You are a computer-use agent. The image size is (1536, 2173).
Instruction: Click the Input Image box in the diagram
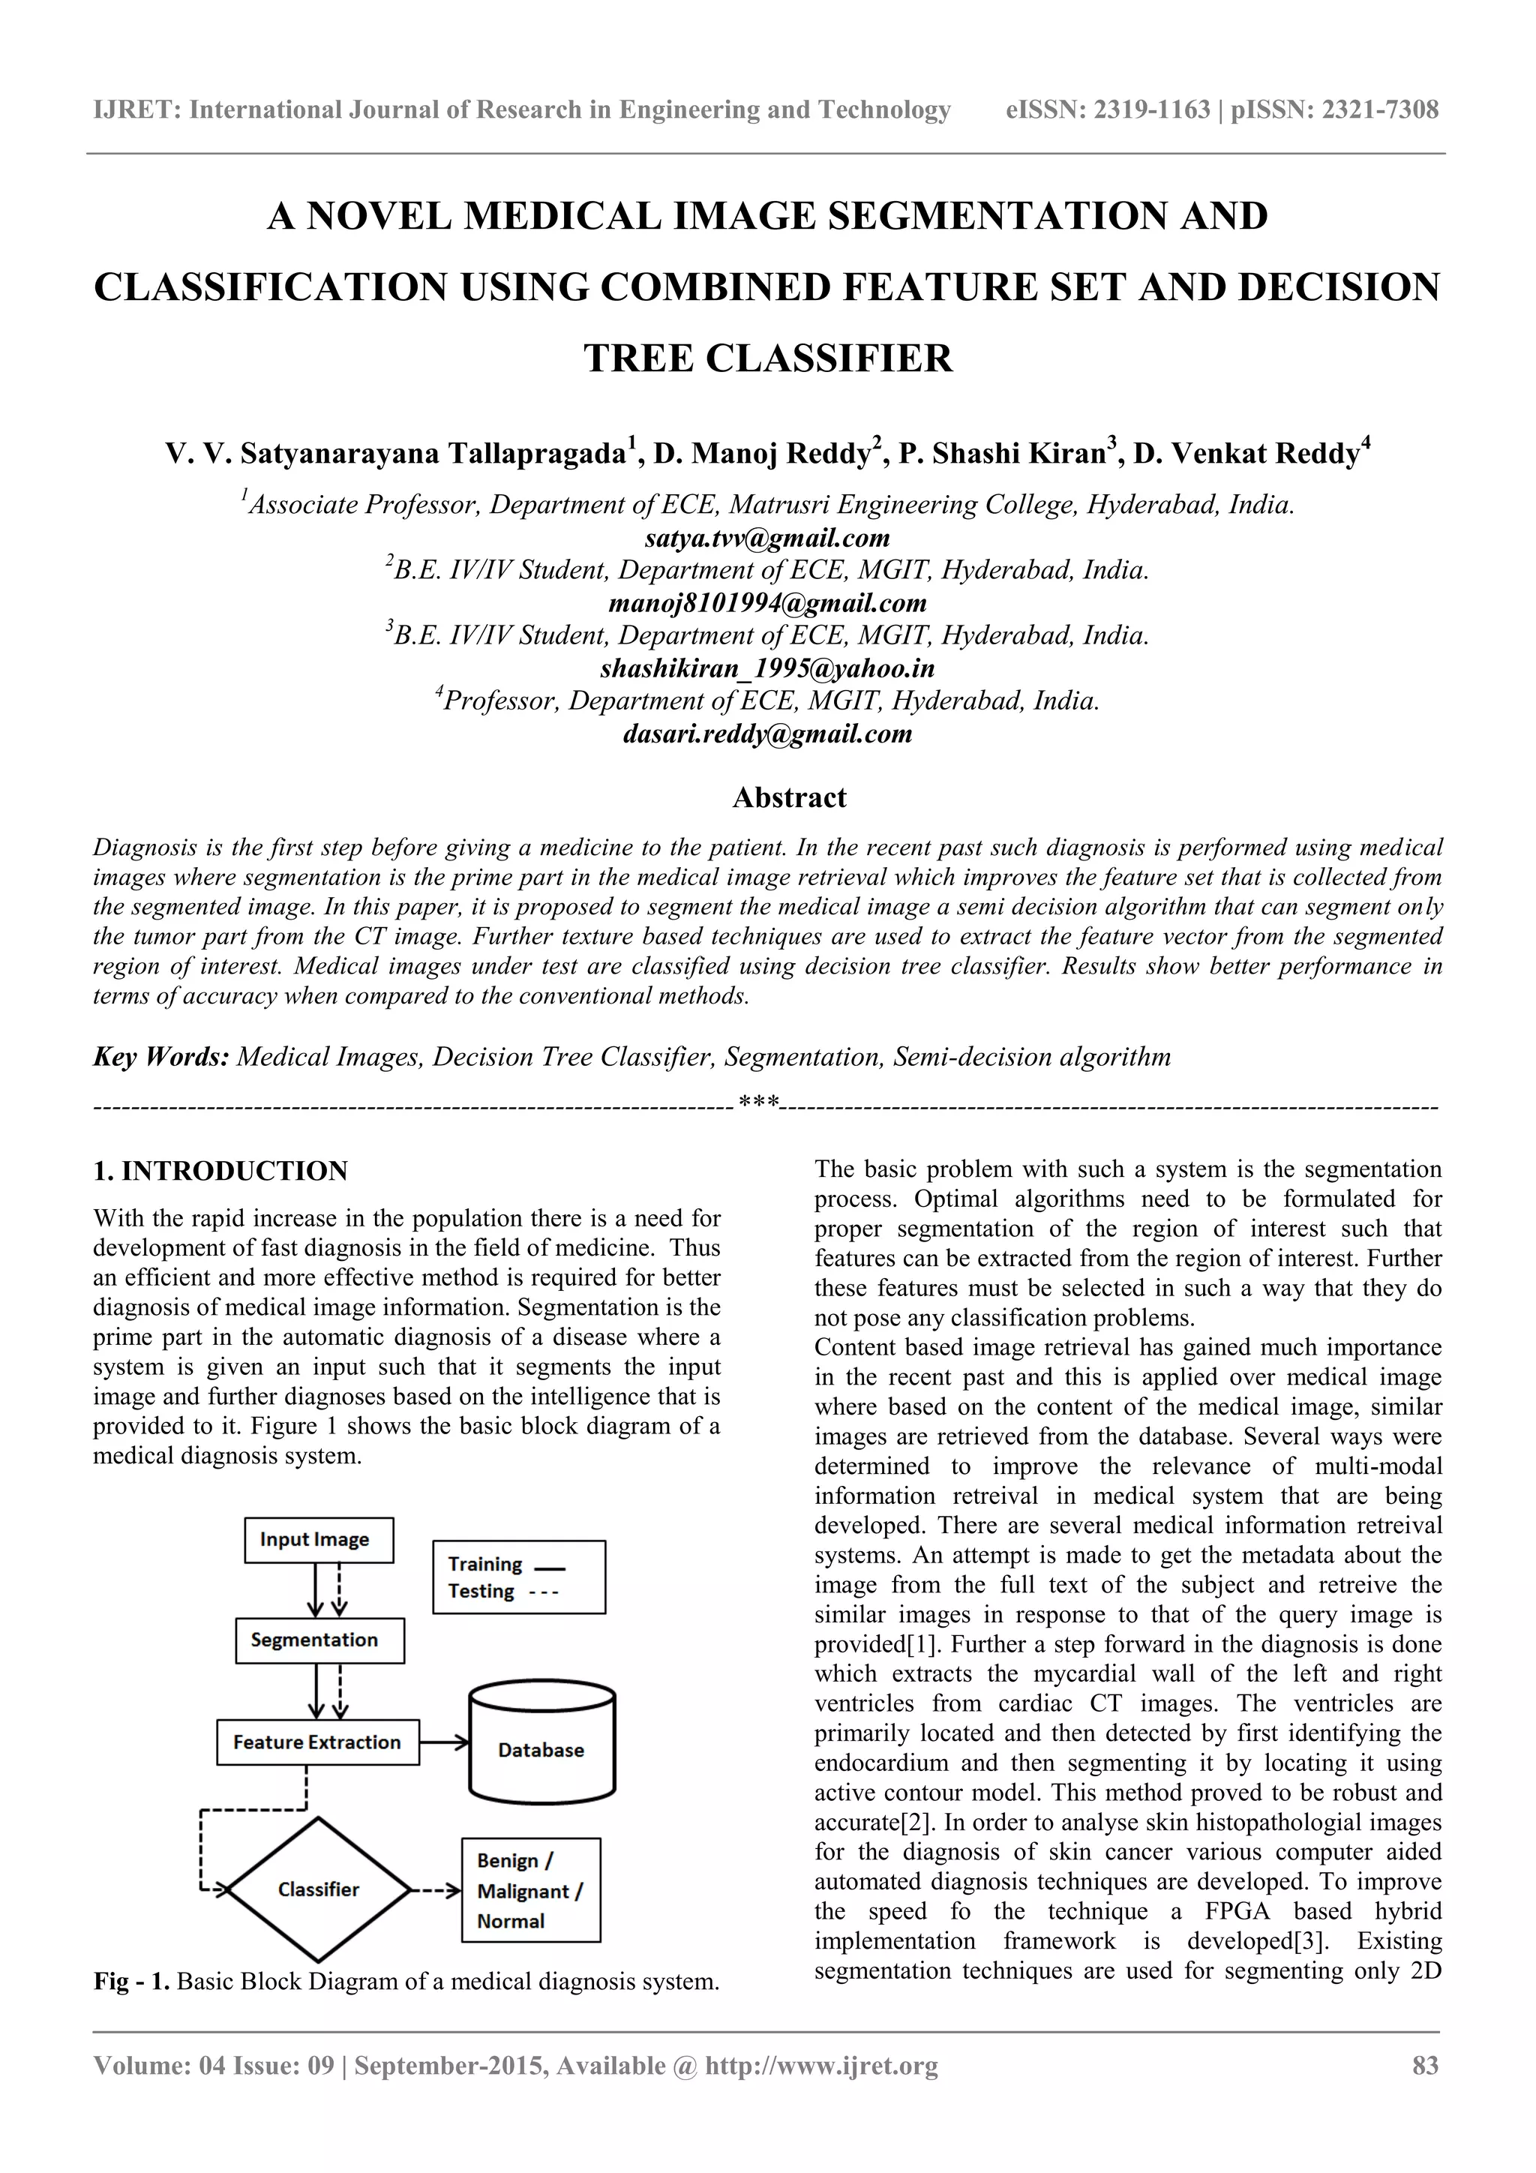319,1540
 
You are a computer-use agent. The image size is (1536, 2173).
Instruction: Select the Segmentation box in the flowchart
319,1640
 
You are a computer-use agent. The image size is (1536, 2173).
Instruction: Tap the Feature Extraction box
317,1742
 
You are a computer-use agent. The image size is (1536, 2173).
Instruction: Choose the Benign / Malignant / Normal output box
531,1890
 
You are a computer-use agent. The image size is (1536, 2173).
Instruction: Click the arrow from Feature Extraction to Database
444,1742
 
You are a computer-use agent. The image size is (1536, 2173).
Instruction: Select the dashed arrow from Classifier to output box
435,1890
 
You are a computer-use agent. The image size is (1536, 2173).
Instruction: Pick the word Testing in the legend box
481,1591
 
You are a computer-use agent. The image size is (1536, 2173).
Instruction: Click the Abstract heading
789,798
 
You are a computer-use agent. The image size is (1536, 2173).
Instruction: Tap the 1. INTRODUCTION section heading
220,1172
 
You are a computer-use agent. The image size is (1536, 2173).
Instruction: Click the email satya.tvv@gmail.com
767,539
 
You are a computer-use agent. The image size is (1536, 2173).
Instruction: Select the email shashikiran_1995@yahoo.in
767,669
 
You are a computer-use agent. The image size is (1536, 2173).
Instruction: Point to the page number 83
1425,2065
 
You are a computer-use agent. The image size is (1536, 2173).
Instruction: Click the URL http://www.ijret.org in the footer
821,2066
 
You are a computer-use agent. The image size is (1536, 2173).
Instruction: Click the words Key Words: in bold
161,1057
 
